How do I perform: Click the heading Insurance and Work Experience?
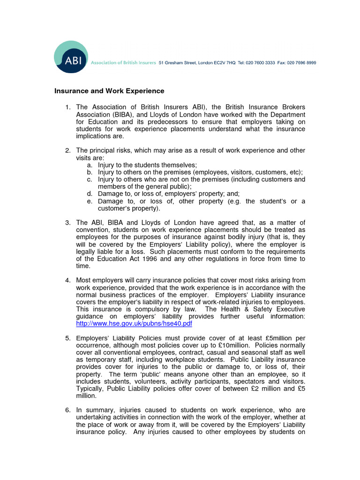[x=109, y=90]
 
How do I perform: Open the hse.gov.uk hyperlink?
[x=134, y=323]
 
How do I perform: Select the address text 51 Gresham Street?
[x=176, y=62]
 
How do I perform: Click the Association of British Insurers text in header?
[x=116, y=62]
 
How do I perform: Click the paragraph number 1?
[x=67, y=108]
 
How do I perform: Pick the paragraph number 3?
[x=67, y=222]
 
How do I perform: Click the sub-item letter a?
[x=89, y=165]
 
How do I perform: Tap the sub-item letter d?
[x=89, y=194]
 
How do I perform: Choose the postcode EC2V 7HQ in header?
[x=224, y=62]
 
